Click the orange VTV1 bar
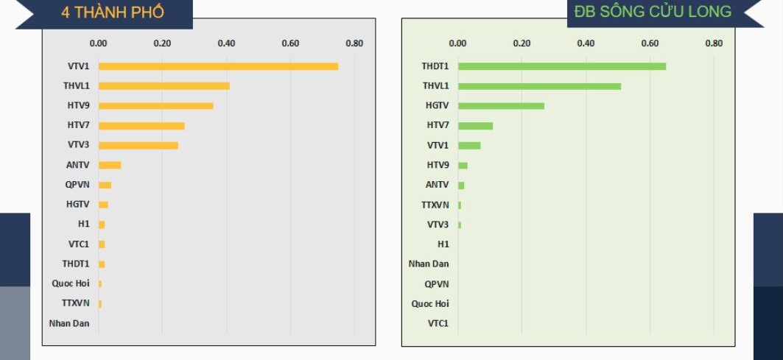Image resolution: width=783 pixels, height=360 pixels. [218, 66]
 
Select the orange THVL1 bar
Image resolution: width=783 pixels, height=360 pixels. [164, 86]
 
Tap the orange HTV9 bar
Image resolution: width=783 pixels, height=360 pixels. [155, 106]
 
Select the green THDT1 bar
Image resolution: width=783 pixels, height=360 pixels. [561, 66]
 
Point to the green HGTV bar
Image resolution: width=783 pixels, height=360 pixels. [501, 106]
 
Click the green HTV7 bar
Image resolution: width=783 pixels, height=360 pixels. [475, 126]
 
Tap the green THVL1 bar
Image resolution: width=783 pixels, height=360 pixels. [539, 86]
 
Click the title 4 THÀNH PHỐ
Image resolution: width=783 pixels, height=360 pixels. [113, 13]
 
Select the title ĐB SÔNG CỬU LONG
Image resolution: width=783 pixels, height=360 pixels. [653, 12]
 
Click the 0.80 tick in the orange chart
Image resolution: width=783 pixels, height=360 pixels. [354, 43]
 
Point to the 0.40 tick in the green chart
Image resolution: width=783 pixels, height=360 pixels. [586, 43]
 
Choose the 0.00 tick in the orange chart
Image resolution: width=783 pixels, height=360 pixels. [98, 43]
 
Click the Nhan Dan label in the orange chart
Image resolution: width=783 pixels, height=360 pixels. [69, 323]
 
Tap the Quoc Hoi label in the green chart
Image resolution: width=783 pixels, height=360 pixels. [430, 303]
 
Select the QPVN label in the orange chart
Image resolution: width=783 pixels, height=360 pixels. [77, 185]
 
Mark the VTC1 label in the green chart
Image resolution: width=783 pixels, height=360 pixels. [438, 323]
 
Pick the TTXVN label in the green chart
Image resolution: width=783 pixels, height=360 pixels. [435, 205]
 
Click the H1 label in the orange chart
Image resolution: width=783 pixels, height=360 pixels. [84, 224]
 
